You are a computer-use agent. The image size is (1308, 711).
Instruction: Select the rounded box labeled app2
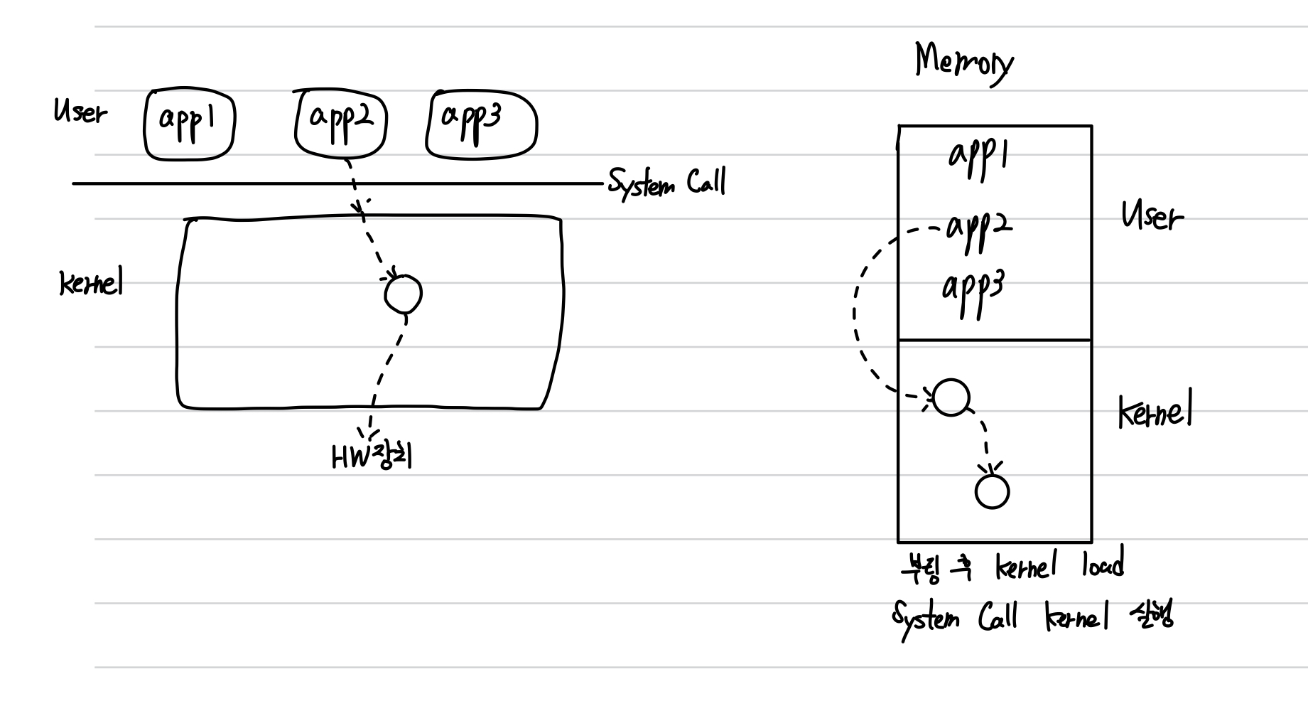click(x=341, y=125)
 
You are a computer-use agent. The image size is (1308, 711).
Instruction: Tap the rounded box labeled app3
click(x=481, y=125)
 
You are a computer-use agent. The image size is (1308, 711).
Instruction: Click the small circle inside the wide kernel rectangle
click(x=403, y=294)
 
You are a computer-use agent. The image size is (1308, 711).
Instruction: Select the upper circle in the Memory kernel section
click(x=951, y=397)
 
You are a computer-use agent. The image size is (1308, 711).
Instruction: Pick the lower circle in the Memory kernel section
click(x=992, y=491)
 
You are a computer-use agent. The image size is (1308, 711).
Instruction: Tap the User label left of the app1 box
click(x=80, y=112)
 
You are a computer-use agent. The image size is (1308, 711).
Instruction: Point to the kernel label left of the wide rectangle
click(x=91, y=284)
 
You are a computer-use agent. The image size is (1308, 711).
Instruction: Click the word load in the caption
click(x=1103, y=566)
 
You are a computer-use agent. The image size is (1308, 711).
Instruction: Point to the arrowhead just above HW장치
click(x=369, y=432)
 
